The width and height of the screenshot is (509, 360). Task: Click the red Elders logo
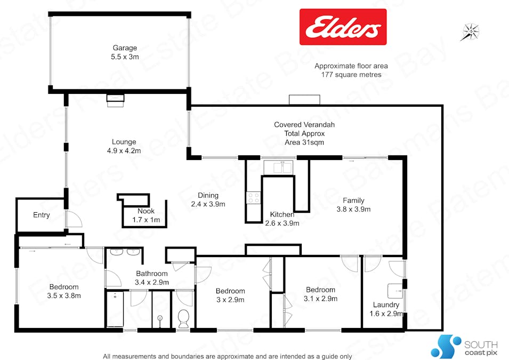pyautogui.click(x=343, y=27)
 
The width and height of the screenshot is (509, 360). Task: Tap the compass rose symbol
pyautogui.click(x=470, y=31)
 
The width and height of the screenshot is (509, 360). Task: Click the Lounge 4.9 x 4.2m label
pyautogui.click(x=124, y=146)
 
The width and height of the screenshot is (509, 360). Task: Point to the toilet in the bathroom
pyautogui.click(x=183, y=318)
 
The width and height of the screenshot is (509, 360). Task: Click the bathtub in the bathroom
pyautogui.click(x=115, y=309)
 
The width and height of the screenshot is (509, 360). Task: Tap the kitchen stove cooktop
pyautogui.click(x=253, y=198)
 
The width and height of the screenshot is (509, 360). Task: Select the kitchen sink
pyautogui.click(x=282, y=167)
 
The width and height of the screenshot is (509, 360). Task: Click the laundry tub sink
pyautogui.click(x=397, y=291)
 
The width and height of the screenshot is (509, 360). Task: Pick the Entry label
pyautogui.click(x=41, y=215)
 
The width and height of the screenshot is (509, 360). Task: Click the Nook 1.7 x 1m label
pyautogui.click(x=142, y=215)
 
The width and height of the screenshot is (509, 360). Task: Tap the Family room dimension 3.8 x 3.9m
pyautogui.click(x=353, y=210)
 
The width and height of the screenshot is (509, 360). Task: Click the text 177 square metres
pyautogui.click(x=351, y=75)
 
